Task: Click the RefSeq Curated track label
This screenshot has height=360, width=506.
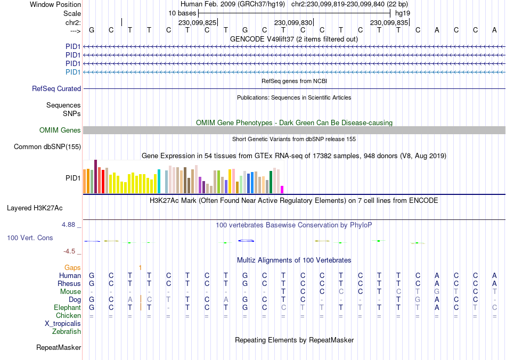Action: pos(56,89)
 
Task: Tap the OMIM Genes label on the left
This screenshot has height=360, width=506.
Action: pos(60,130)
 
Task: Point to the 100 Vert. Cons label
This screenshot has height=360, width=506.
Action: pos(30,238)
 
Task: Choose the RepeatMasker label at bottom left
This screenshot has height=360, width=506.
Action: pos(59,348)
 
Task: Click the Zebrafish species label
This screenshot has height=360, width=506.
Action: pos(67,332)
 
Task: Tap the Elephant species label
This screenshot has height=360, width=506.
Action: pos(67,308)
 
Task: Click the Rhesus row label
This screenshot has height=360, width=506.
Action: pos(69,284)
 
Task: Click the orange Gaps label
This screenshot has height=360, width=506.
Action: pos(72,267)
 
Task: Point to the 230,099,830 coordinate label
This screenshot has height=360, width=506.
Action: pos(293,23)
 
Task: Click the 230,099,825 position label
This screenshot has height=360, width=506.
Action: pos(197,23)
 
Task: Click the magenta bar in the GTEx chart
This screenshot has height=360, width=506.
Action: pos(282,190)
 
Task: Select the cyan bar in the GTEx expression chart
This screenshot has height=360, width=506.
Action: pos(159,181)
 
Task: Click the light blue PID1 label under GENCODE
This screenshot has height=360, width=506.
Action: pos(73,72)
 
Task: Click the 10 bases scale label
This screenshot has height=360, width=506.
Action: pos(182,13)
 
